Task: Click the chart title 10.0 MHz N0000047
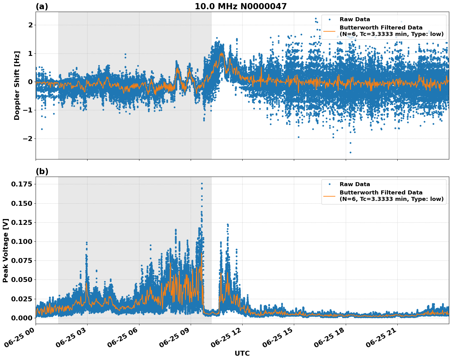click(x=240, y=6)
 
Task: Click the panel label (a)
click(x=42, y=6)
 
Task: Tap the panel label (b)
click(x=42, y=171)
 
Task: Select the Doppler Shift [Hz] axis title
click(x=17, y=85)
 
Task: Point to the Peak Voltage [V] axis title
click(x=6, y=250)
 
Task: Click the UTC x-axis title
click(x=242, y=353)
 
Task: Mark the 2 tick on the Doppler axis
click(x=30, y=25)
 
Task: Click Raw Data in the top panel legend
click(x=355, y=19)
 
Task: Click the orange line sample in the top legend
click(x=329, y=31)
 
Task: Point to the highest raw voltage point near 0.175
click(x=202, y=183)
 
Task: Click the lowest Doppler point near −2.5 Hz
click(x=350, y=152)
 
